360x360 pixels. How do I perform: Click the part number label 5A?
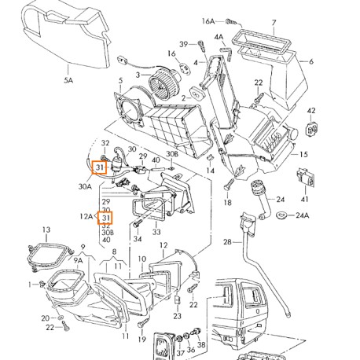tap(68, 80)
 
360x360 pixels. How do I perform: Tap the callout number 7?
tap(274, 23)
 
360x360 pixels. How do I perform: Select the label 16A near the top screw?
tap(208, 21)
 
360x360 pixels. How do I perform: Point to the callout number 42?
tap(311, 111)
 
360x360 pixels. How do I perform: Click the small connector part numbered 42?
tap(311, 129)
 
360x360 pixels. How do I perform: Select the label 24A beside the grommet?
tap(303, 215)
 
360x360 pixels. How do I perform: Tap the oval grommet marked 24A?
tap(282, 215)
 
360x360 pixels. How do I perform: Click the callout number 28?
tap(227, 241)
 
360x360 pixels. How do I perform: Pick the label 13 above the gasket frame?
tap(46, 230)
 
